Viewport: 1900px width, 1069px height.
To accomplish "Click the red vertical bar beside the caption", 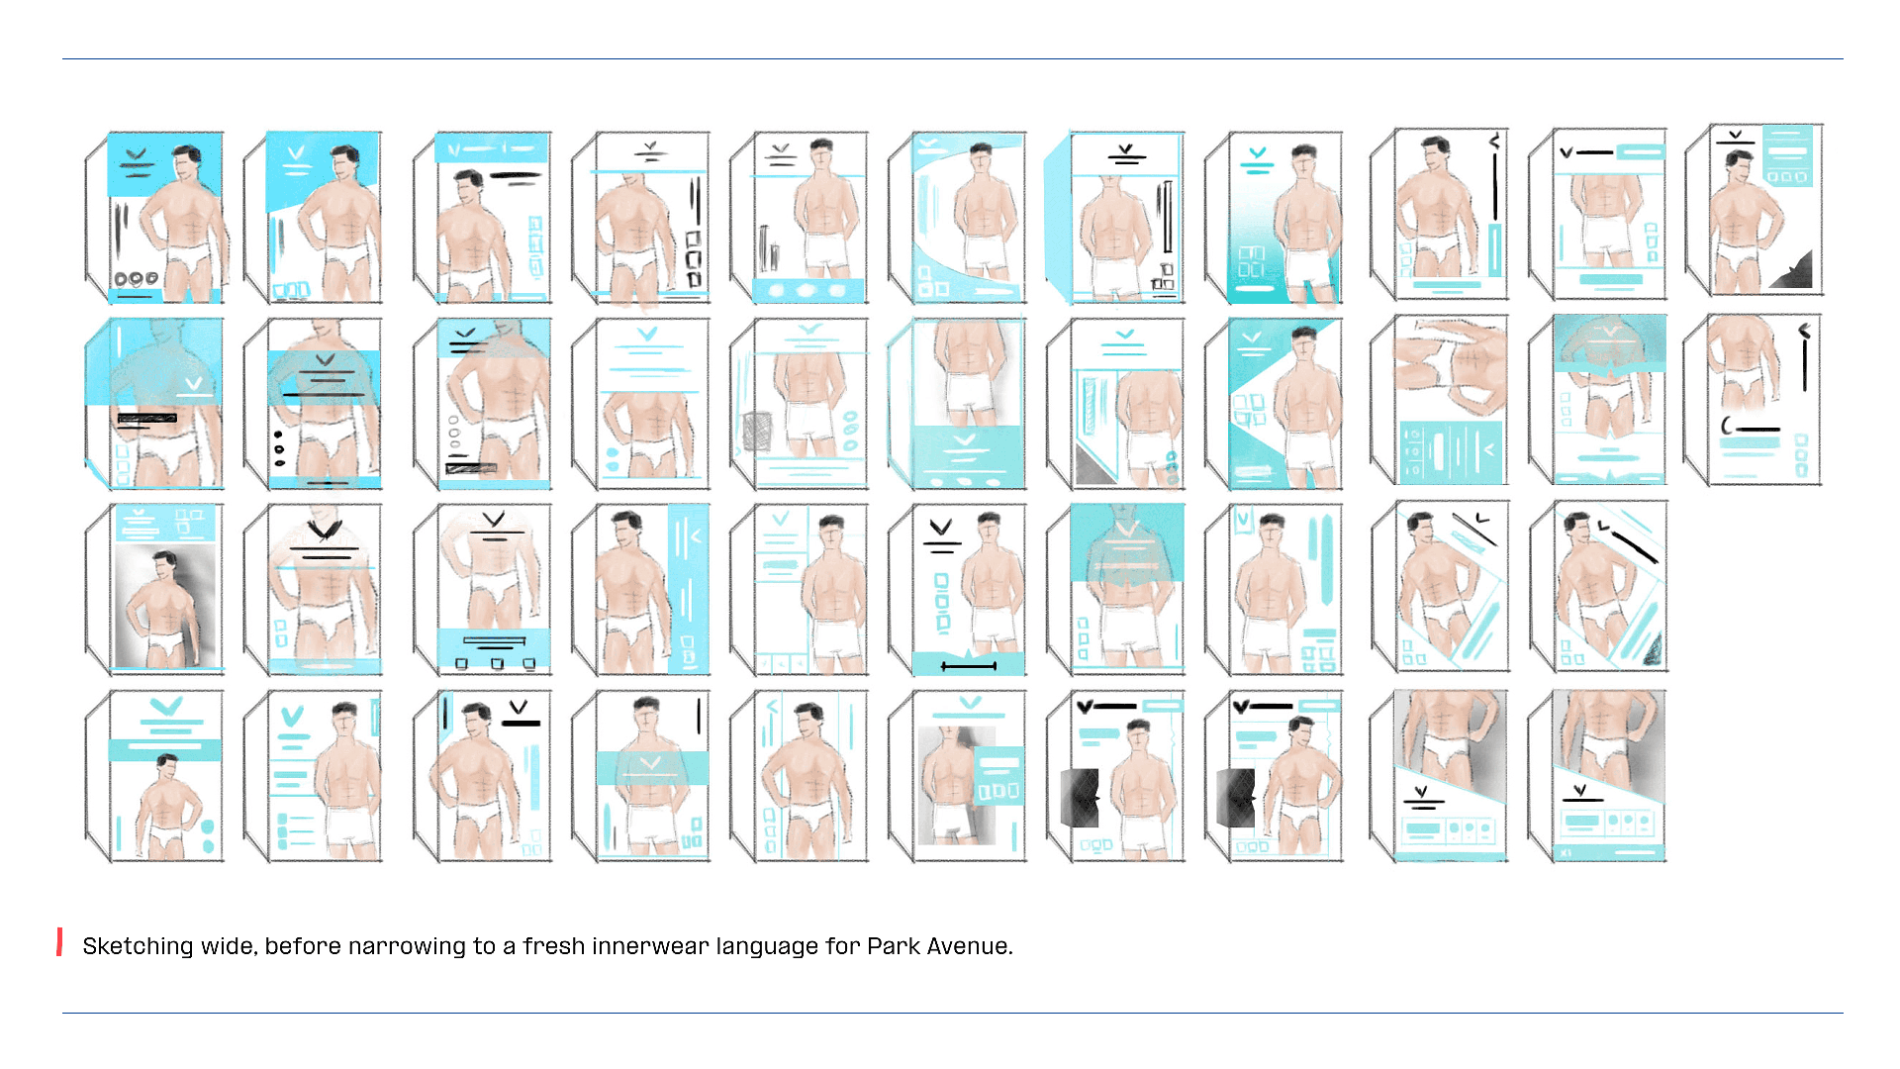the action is coord(60,942).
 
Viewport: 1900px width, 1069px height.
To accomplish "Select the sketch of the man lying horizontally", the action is coord(1451,365).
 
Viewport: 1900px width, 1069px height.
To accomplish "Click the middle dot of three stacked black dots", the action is coord(279,448).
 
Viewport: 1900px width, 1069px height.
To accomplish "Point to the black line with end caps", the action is coord(969,666).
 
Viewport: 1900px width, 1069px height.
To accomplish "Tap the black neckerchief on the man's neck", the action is coord(324,530).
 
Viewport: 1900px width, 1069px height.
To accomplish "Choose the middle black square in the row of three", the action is coord(497,663).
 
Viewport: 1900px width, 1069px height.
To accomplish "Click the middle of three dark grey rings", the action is coord(137,278).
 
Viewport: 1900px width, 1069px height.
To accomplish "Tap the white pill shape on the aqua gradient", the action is coord(1255,288).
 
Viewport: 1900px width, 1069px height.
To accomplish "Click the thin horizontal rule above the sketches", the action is coord(952,58).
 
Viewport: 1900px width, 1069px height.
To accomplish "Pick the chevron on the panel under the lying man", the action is coord(1488,450).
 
